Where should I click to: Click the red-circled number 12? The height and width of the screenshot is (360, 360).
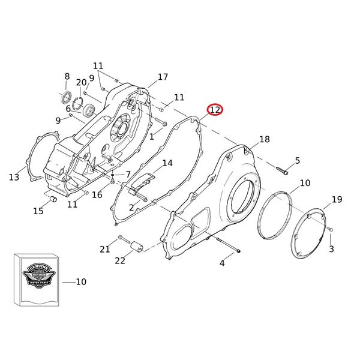[x=215, y=110]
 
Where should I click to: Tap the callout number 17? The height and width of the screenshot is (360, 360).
[x=163, y=77]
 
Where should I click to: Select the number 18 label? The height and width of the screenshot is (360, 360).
[x=265, y=140]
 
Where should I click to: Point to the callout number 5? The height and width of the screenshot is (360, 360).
[x=297, y=160]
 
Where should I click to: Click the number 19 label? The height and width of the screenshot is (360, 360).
[x=337, y=200]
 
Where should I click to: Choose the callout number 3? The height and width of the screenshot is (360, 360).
[x=331, y=248]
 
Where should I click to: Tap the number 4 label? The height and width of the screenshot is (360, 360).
[x=222, y=263]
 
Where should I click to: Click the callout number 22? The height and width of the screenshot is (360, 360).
[x=120, y=260]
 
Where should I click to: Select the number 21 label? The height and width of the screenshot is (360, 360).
[x=105, y=249]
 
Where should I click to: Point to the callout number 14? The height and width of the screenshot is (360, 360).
[x=167, y=163]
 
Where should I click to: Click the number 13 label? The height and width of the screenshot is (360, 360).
[x=14, y=177]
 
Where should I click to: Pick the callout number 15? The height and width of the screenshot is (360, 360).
[x=38, y=211]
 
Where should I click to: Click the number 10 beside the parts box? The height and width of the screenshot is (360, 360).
[x=82, y=282]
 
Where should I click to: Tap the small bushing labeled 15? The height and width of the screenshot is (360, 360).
[x=52, y=199]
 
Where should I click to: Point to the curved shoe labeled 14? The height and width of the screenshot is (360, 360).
[x=143, y=179]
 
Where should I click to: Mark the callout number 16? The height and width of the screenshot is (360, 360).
[x=97, y=195]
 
